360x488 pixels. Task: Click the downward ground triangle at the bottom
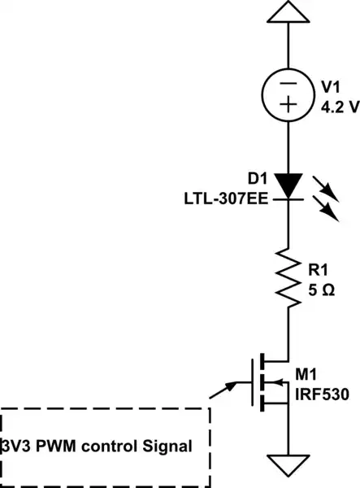click(x=289, y=467)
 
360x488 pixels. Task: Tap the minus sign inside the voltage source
click(x=289, y=81)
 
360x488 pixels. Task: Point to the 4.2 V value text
click(x=333, y=104)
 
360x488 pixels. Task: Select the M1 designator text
click(x=306, y=375)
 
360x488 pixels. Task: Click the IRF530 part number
click(x=322, y=394)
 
